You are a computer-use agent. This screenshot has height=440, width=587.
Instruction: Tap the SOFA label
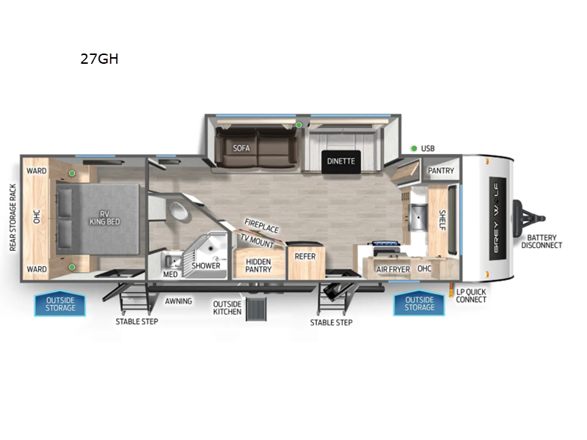point(241,147)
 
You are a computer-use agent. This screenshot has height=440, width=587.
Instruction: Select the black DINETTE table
point(341,161)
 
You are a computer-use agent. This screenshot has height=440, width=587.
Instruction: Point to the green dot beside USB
point(414,148)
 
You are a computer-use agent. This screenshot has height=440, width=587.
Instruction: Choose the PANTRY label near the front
point(441,171)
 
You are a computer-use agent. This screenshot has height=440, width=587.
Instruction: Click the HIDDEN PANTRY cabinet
point(258,265)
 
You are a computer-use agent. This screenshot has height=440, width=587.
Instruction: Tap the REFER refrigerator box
point(305,257)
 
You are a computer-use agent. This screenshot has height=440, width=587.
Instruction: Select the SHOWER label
point(206,265)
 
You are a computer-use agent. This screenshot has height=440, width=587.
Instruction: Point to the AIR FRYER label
point(393,269)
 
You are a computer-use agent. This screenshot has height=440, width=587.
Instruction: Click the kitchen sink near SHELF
point(416,217)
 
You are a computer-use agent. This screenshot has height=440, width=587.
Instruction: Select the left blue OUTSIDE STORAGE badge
point(60,304)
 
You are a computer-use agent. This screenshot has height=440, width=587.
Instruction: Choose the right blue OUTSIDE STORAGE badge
point(419,304)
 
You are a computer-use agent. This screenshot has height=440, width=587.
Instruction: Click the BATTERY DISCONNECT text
point(542,241)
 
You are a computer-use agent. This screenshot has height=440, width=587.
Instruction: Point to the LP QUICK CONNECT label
point(471,296)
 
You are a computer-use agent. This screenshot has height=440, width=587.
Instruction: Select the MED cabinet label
point(170,274)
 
